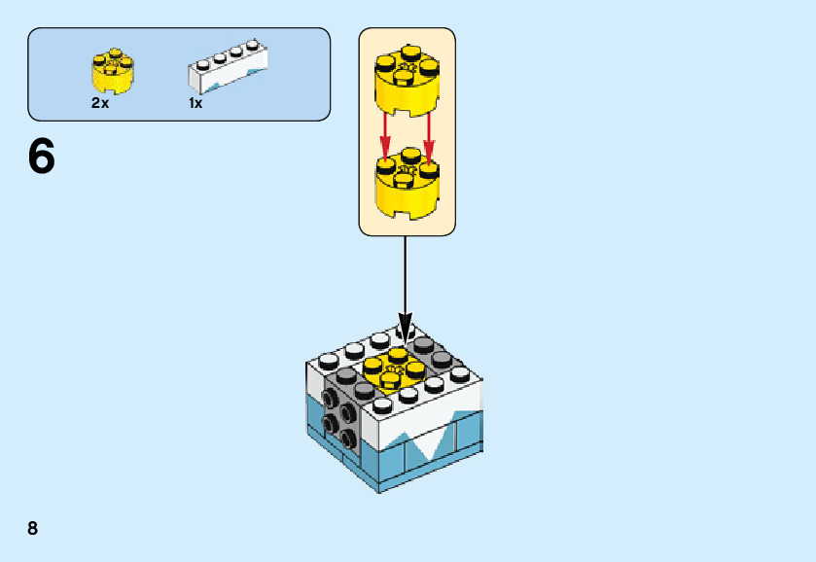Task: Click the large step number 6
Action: pyautogui.click(x=41, y=157)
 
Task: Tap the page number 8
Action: pyautogui.click(x=33, y=528)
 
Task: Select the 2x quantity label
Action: pyautogui.click(x=100, y=103)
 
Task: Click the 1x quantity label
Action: pyautogui.click(x=195, y=103)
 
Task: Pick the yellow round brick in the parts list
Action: pyautogui.click(x=113, y=70)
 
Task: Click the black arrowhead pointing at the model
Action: pyautogui.click(x=406, y=327)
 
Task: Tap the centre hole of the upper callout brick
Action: pyautogui.click(x=408, y=68)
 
